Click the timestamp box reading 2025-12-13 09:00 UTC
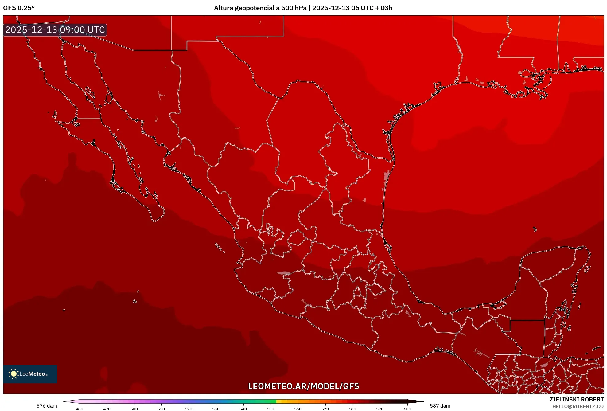[x=55, y=30]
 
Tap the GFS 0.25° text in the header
[x=19, y=8]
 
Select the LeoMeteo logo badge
[x=30, y=374]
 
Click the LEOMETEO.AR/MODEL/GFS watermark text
[x=303, y=386]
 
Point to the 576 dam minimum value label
[x=47, y=406]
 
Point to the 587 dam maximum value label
[x=440, y=406]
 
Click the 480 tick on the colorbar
[x=80, y=409]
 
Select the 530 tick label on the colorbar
[x=216, y=409]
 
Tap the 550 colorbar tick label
[x=270, y=409]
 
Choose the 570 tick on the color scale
[x=325, y=409]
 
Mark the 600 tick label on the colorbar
[x=407, y=409]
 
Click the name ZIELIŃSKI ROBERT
[x=576, y=399]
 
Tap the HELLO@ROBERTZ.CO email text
[x=578, y=406]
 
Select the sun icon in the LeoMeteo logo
[x=14, y=374]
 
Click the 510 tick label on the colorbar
[x=161, y=409]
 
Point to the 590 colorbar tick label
[x=380, y=409]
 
